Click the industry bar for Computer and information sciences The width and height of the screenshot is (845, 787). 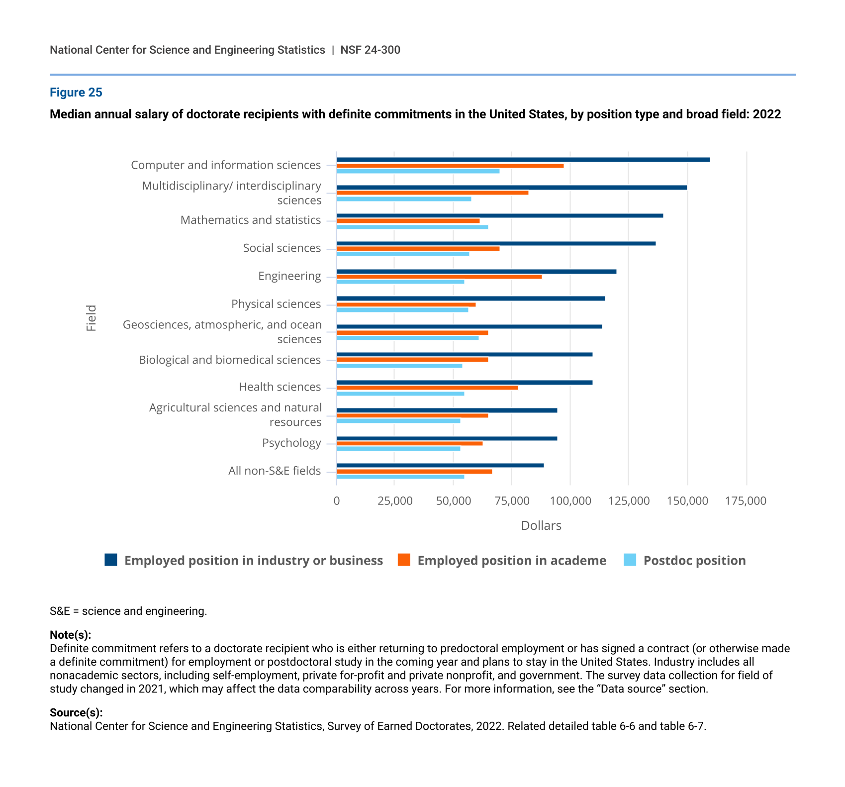[523, 160]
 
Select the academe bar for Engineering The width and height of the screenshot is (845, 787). [439, 277]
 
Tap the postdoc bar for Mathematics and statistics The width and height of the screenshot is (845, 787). [412, 227]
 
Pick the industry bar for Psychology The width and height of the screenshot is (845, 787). [447, 438]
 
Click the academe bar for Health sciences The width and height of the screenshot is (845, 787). [427, 388]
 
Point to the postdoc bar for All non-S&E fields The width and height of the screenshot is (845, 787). [400, 477]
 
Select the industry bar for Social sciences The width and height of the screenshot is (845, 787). [496, 243]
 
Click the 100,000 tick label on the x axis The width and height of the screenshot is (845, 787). [570, 501]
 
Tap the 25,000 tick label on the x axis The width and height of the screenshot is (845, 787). [395, 501]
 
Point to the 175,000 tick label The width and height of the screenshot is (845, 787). [746, 501]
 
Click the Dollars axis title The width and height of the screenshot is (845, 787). [541, 526]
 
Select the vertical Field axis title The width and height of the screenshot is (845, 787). [91, 318]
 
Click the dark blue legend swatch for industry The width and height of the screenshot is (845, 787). [111, 560]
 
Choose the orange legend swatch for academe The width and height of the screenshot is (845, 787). [404, 560]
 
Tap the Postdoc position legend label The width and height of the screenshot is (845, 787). [694, 561]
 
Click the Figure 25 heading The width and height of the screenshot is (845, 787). [76, 93]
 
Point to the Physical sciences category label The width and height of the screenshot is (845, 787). [276, 304]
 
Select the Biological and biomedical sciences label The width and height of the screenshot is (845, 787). [230, 360]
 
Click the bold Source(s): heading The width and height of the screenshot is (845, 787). [76, 713]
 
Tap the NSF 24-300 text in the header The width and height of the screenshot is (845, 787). [370, 50]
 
